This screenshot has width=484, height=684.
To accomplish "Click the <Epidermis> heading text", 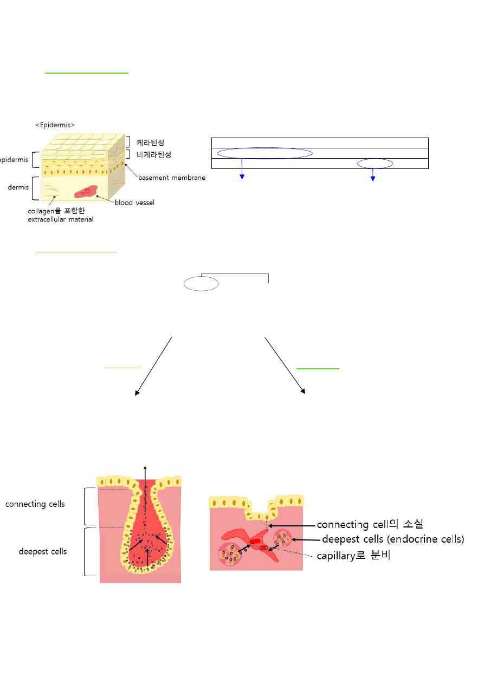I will point(55,125).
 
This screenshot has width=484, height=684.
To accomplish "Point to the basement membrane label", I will point(171,178).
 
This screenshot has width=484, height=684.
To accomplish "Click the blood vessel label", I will point(134,203).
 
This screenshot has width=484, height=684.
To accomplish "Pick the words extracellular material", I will point(61,219).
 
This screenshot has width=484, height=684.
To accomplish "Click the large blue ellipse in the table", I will point(264,153).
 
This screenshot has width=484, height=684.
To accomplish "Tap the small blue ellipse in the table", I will point(375,164).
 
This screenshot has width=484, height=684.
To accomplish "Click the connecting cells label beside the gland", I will point(35,504).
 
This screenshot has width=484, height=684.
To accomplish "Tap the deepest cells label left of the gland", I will point(36,551).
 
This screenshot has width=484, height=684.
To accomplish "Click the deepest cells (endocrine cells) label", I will point(393,539).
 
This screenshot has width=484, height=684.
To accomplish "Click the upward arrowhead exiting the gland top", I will point(145,467).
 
